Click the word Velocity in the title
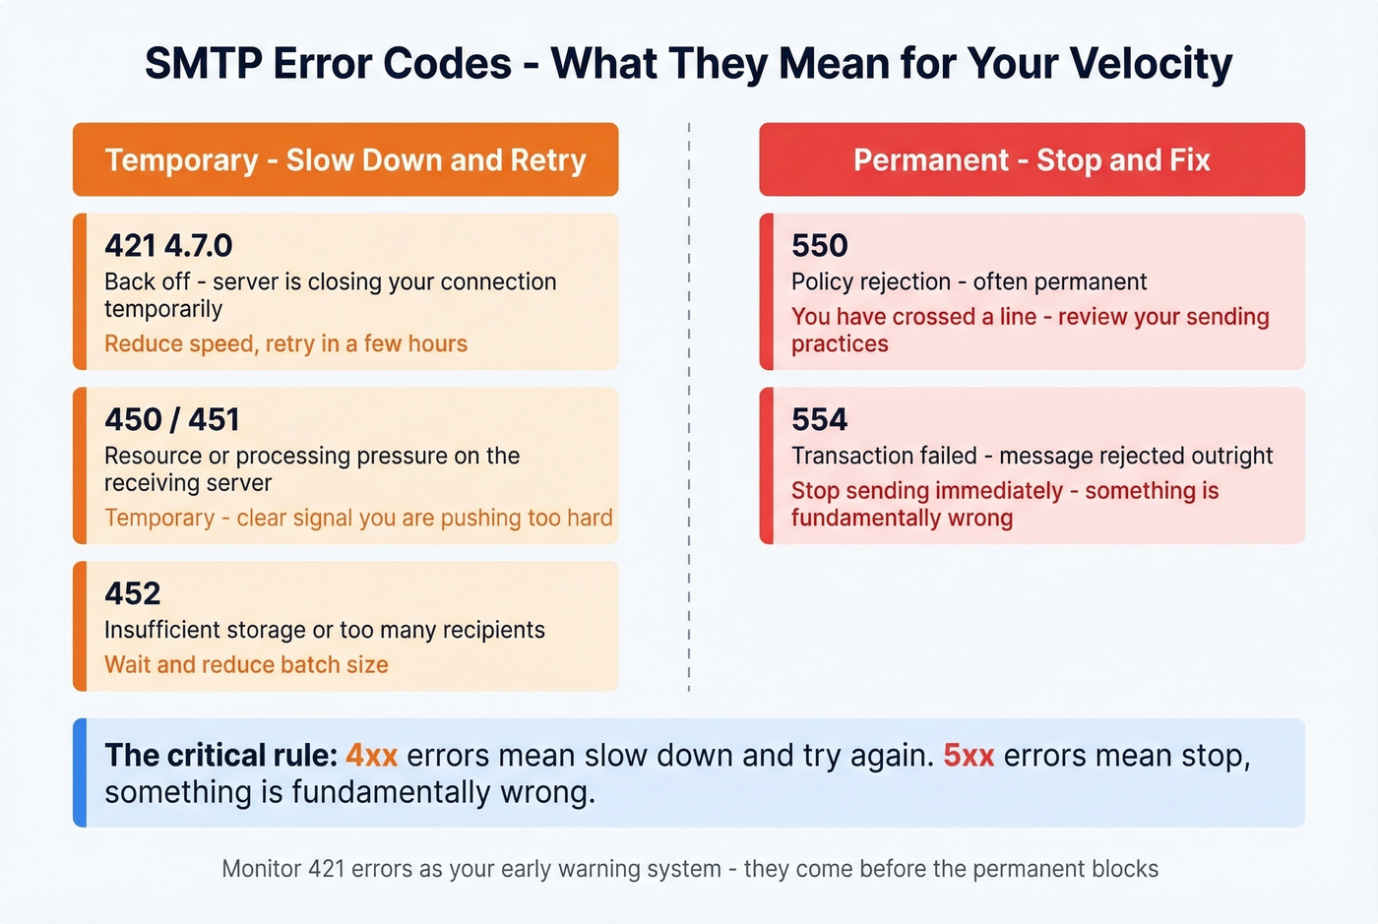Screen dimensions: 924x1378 pyautogui.click(x=1151, y=64)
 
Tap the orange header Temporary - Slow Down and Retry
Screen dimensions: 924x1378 pyautogui.click(x=345, y=159)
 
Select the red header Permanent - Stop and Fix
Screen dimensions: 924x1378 pyautogui.click(x=1032, y=159)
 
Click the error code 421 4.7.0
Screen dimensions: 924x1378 pyautogui.click(x=168, y=245)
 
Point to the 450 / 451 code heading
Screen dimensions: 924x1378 pyautogui.click(x=172, y=419)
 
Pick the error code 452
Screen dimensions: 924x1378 pyautogui.click(x=132, y=593)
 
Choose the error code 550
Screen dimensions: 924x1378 pyautogui.click(x=819, y=245)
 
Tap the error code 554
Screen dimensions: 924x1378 pyautogui.click(x=819, y=419)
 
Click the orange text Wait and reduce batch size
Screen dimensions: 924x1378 pyautogui.click(x=246, y=665)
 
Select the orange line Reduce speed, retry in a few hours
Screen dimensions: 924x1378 pyautogui.click(x=285, y=343)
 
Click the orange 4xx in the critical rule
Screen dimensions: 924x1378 pyautogui.click(x=371, y=756)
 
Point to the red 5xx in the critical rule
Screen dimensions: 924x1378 pyautogui.click(x=969, y=756)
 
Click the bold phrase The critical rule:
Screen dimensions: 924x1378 pyautogui.click(x=220, y=756)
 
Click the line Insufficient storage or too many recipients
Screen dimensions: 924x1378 pyautogui.click(x=324, y=630)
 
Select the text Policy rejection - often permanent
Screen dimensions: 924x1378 pyautogui.click(x=969, y=281)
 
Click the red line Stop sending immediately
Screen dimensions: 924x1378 pyautogui.click(x=926, y=491)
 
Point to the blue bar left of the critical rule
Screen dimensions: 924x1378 pyautogui.click(x=80, y=772)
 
